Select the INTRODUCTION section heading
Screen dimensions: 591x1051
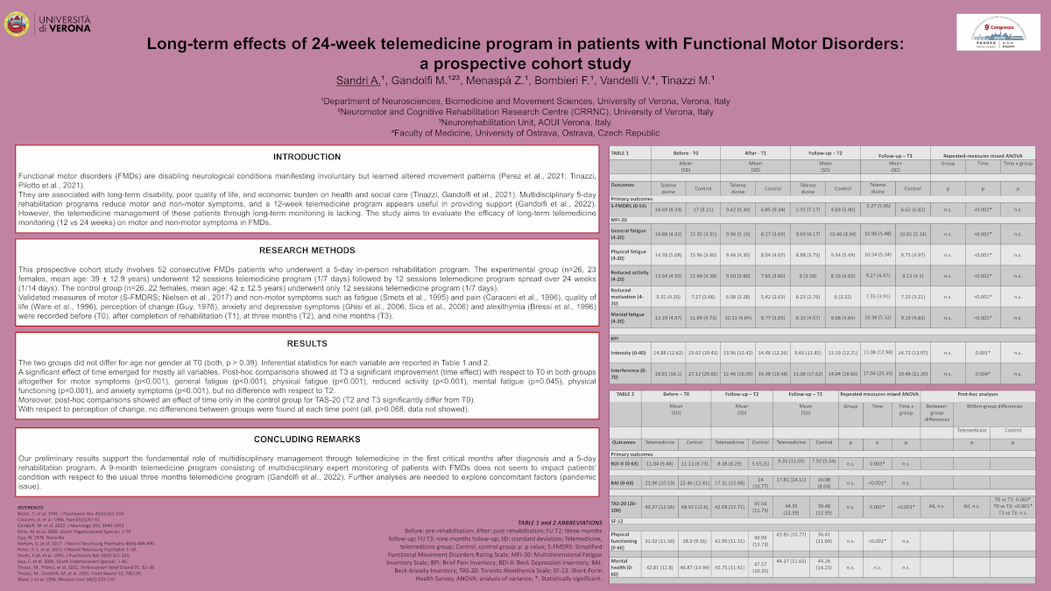pyautogui.click(x=307, y=157)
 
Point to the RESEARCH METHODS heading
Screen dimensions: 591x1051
pyautogui.click(x=307, y=250)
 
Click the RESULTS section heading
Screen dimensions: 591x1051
pyautogui.click(x=307, y=344)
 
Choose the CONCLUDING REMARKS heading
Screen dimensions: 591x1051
pyautogui.click(x=307, y=439)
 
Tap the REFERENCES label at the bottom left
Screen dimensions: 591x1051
pyautogui.click(x=32, y=506)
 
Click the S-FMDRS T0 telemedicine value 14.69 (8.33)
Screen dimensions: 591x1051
pyautogui.click(x=668, y=209)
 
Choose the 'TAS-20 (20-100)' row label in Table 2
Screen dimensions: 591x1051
pyautogui.click(x=625, y=507)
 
